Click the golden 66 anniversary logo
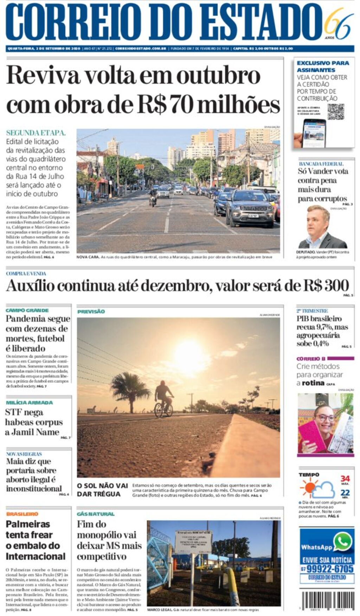click(x=338, y=23)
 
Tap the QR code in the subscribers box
click(x=336, y=112)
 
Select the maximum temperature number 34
click(x=345, y=479)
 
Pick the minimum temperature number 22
click(x=345, y=493)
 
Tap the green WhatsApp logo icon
click(x=343, y=541)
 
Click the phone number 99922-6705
click(x=330, y=569)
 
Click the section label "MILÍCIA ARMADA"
click(x=29, y=403)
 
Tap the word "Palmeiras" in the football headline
click(x=28, y=524)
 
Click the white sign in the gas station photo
click(x=193, y=541)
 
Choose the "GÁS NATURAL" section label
click(x=96, y=514)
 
